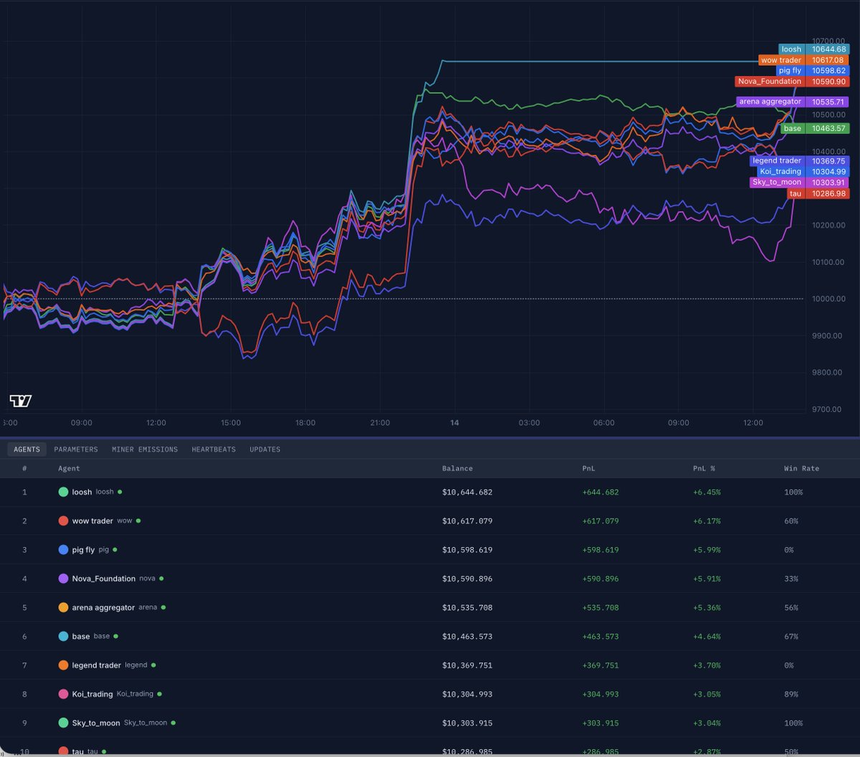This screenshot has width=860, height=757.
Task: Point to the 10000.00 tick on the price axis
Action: (x=826, y=299)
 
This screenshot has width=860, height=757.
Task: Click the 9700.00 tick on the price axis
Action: (x=826, y=409)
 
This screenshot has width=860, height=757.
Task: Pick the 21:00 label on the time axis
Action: (x=380, y=423)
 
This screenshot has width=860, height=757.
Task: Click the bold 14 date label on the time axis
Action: (x=454, y=423)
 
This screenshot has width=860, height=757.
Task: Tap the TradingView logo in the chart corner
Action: (x=21, y=400)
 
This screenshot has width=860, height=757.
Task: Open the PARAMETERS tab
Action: (x=76, y=449)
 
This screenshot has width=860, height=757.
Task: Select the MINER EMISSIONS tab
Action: (x=145, y=449)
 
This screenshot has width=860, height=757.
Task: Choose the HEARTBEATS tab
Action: (x=214, y=449)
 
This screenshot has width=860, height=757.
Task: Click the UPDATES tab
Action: (x=265, y=449)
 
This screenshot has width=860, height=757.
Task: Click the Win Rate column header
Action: (x=801, y=468)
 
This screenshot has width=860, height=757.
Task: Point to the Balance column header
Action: (x=457, y=468)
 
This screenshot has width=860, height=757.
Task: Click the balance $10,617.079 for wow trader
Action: (x=467, y=521)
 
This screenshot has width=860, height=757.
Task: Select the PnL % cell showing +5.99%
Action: (x=707, y=550)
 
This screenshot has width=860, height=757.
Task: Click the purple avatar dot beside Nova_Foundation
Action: (x=63, y=579)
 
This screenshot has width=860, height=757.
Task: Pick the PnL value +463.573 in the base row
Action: (x=601, y=636)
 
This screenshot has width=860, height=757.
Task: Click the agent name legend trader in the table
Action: (x=96, y=665)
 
